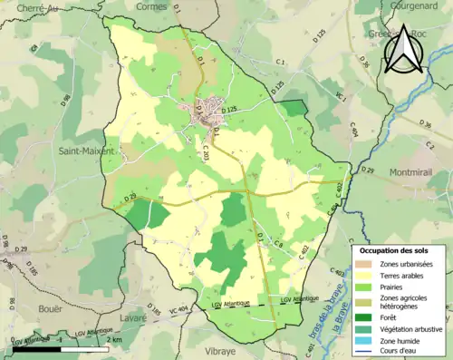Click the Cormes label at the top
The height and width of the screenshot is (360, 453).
pos(150,6)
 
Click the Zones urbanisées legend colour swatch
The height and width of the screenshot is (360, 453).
pos(366,264)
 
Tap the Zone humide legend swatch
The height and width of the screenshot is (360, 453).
pos(366,339)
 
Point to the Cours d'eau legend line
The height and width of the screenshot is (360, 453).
pos(366,350)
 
